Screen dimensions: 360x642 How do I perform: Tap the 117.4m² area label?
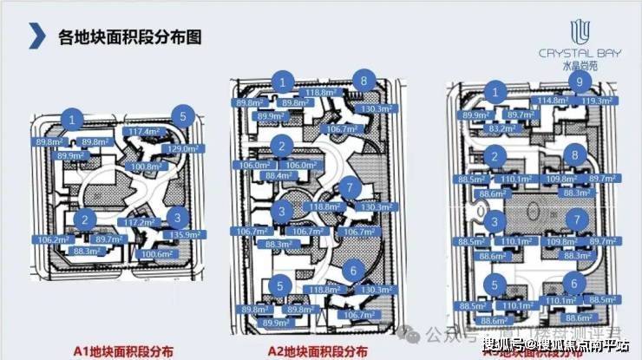coord(144,132)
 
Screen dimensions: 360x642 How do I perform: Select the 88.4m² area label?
coord(278,176)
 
